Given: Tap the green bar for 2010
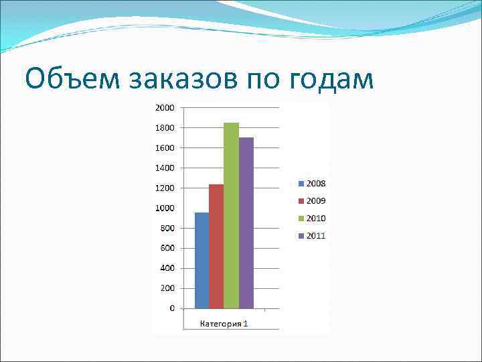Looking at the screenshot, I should (x=231, y=215).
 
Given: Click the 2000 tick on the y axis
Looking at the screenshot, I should (x=165, y=107).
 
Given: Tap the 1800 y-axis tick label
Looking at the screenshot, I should (x=165, y=127).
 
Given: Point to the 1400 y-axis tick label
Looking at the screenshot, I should (x=165, y=168).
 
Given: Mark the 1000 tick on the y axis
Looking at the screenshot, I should (x=165, y=208).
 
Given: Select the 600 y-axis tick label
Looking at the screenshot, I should (x=167, y=248).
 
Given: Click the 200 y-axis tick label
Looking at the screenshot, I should (x=167, y=288).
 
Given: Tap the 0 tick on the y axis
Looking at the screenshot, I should (x=172, y=308).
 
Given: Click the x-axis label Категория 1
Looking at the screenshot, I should (x=224, y=324).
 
